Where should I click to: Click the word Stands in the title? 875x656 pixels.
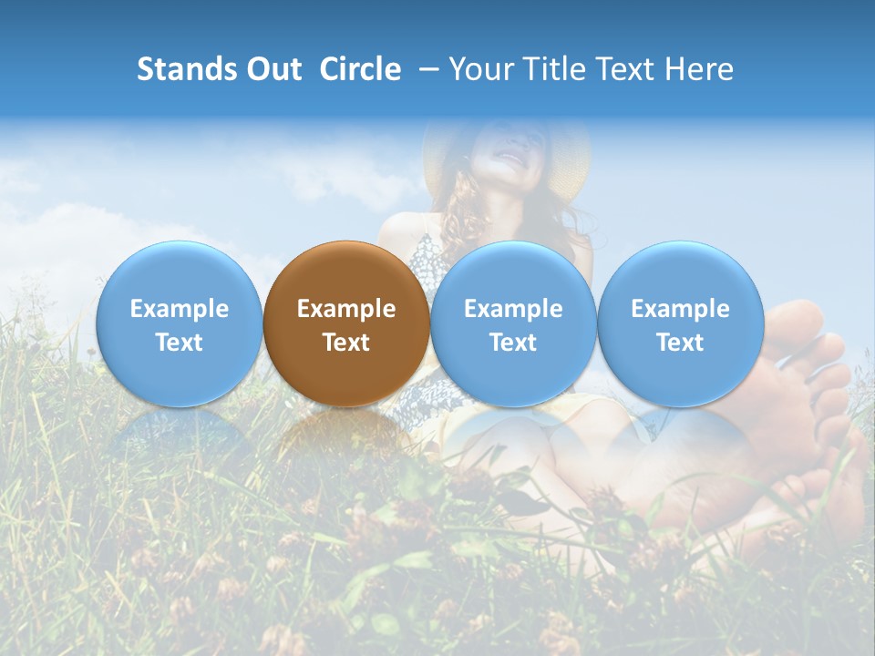180,69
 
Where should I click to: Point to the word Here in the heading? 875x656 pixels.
701,69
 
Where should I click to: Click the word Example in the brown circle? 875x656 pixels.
346,309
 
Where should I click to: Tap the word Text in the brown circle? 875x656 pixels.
346,343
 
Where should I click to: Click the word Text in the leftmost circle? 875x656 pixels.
179,343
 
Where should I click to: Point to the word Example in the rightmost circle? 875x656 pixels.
680,309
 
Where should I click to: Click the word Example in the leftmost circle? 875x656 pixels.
179,309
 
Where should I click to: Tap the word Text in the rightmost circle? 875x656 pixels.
680,343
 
